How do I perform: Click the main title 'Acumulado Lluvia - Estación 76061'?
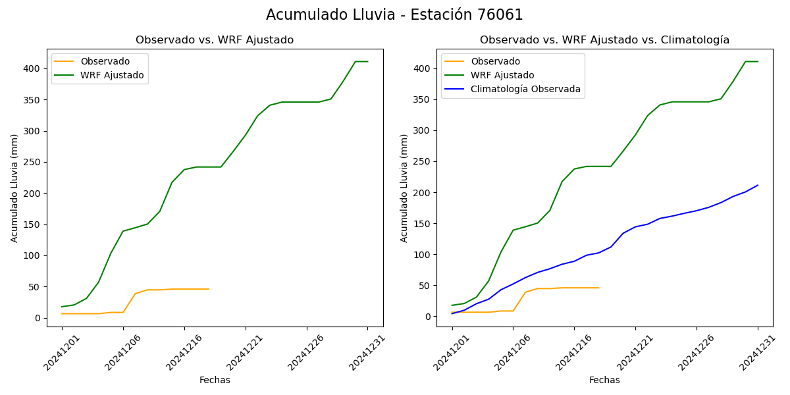[394, 15]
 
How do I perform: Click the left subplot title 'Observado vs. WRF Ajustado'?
[215, 40]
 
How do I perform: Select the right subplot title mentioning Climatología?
[604, 40]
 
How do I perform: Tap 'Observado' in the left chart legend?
[105, 62]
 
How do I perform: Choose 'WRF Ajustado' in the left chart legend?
[112, 76]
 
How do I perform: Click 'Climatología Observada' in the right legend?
[525, 90]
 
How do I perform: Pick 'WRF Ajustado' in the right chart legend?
[502, 76]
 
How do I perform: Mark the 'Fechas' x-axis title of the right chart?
[604, 381]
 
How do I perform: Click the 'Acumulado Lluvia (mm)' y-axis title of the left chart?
[14, 188]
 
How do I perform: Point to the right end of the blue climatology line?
[758, 185]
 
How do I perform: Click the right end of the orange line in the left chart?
[209, 289]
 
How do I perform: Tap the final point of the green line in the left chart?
[368, 61]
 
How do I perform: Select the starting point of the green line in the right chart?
[452, 305]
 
